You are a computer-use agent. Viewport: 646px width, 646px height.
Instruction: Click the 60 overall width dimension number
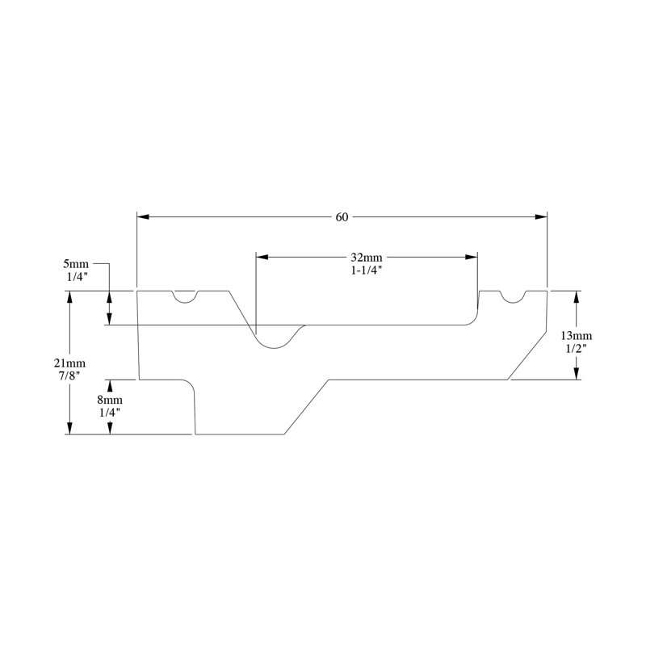(x=342, y=217)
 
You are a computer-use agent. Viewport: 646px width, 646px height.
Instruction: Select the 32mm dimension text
(x=367, y=258)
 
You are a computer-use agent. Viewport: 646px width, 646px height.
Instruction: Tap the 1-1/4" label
(x=367, y=271)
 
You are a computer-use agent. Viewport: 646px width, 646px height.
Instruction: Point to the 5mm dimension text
(x=76, y=264)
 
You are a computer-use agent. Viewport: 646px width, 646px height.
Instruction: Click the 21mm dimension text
(x=69, y=363)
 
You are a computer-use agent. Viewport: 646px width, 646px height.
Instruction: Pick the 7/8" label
(x=69, y=375)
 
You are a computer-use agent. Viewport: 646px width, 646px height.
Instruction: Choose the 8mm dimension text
(x=110, y=400)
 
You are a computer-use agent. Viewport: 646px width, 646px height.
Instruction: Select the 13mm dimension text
(x=576, y=335)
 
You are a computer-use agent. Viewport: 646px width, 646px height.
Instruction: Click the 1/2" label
(x=576, y=348)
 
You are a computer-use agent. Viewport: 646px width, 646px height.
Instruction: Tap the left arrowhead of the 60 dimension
(x=143, y=216)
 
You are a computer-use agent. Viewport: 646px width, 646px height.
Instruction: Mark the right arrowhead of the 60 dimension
(x=541, y=216)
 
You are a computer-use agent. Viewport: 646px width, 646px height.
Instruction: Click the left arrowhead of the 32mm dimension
(x=262, y=257)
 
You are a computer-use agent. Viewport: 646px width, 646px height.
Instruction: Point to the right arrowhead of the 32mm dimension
(x=472, y=257)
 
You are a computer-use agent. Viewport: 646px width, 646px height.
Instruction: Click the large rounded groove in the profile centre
(x=275, y=347)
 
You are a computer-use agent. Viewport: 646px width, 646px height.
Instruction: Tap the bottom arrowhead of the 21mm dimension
(x=69, y=429)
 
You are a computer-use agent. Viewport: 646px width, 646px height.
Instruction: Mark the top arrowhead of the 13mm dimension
(x=576, y=297)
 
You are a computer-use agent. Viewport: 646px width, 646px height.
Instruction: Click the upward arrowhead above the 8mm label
(x=110, y=386)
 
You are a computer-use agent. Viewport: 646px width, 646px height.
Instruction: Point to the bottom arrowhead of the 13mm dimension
(x=576, y=373)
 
